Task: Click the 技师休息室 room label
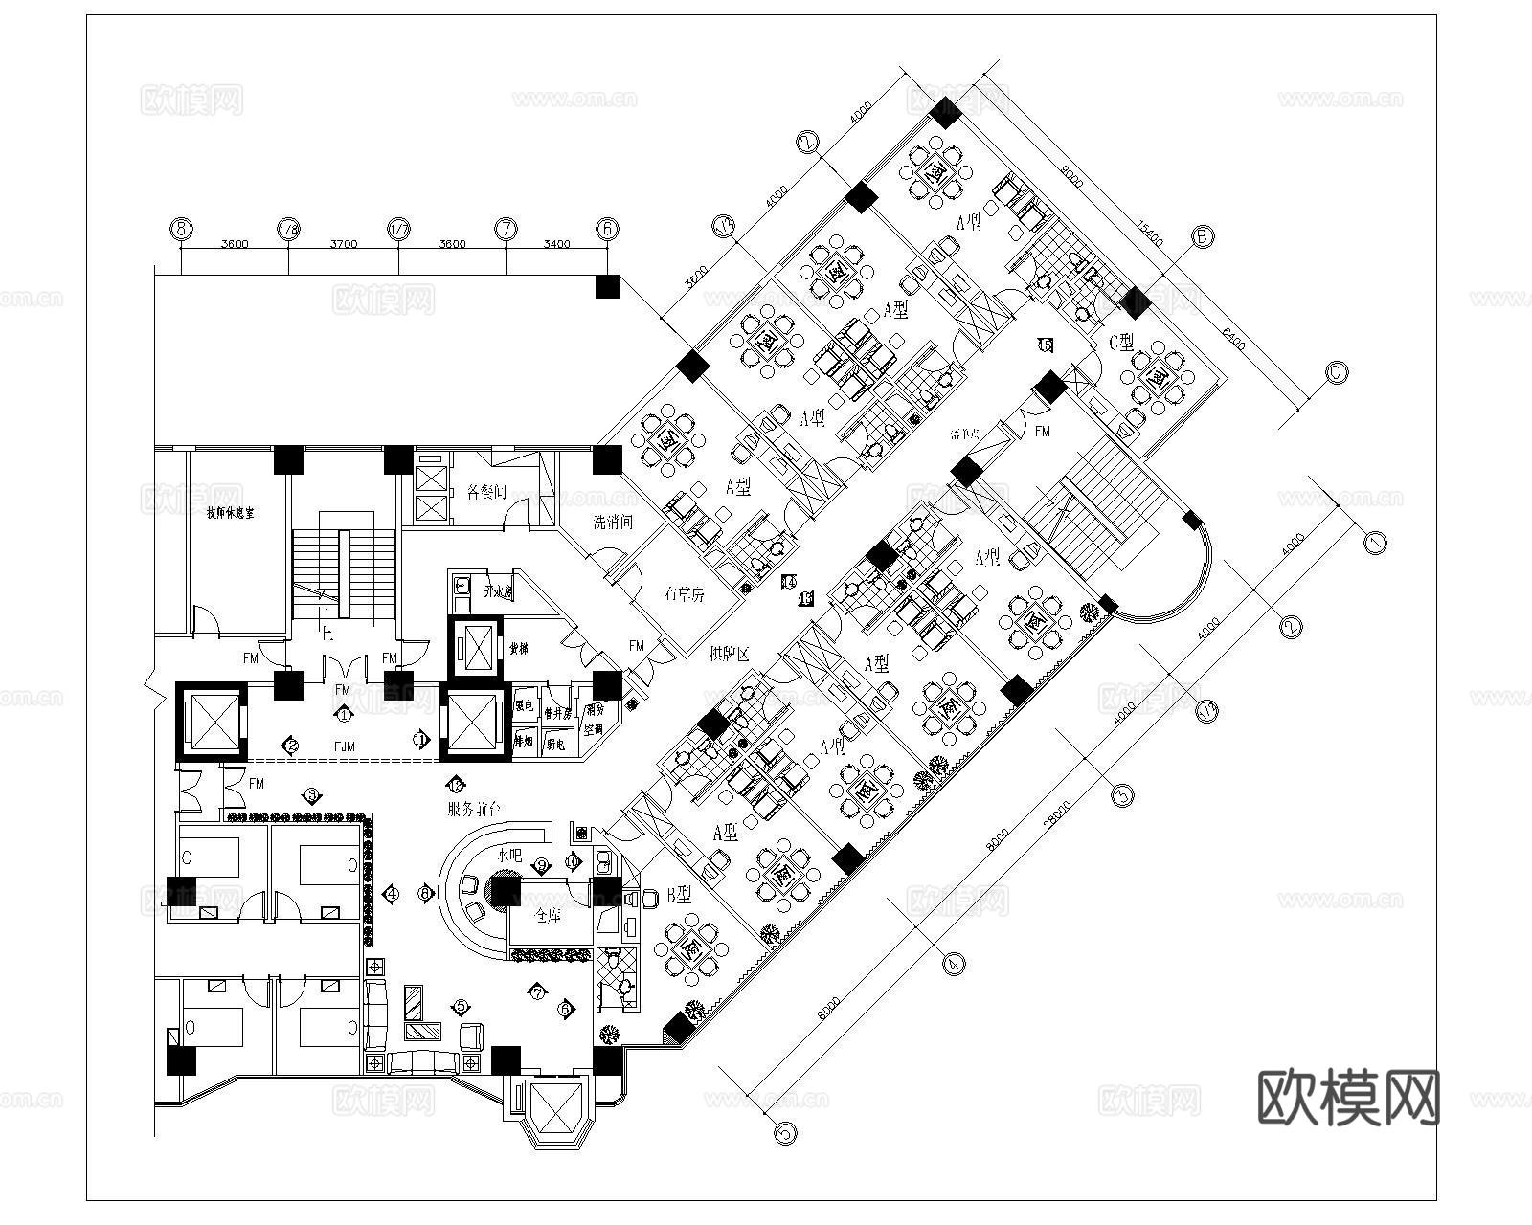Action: (231, 513)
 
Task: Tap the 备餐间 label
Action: (485, 493)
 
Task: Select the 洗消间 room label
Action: (612, 522)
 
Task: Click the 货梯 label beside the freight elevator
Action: (519, 648)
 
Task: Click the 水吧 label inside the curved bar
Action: (508, 855)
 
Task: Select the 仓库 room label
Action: (547, 916)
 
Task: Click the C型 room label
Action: (1121, 341)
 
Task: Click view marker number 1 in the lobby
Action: (344, 714)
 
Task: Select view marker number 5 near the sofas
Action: (462, 1006)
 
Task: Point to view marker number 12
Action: (457, 784)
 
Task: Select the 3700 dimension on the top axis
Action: (344, 244)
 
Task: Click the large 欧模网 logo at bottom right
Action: (1347, 1098)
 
